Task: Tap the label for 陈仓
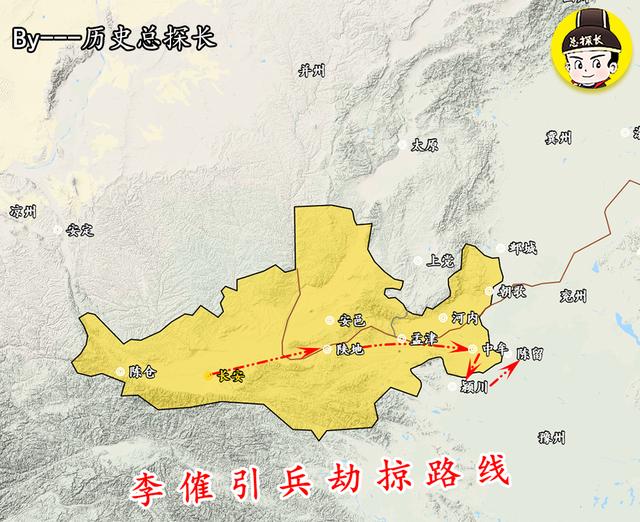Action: coord(143,371)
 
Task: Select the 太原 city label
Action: coord(425,145)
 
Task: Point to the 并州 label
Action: coord(312,70)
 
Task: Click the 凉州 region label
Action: coord(21,211)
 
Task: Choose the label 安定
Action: coord(79,230)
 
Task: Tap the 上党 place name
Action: coord(440,260)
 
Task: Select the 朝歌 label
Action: coord(512,291)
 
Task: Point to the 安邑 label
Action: coord(353,321)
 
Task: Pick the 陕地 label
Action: coord(350,349)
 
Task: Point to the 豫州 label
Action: coord(551,437)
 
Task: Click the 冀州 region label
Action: coord(558,137)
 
